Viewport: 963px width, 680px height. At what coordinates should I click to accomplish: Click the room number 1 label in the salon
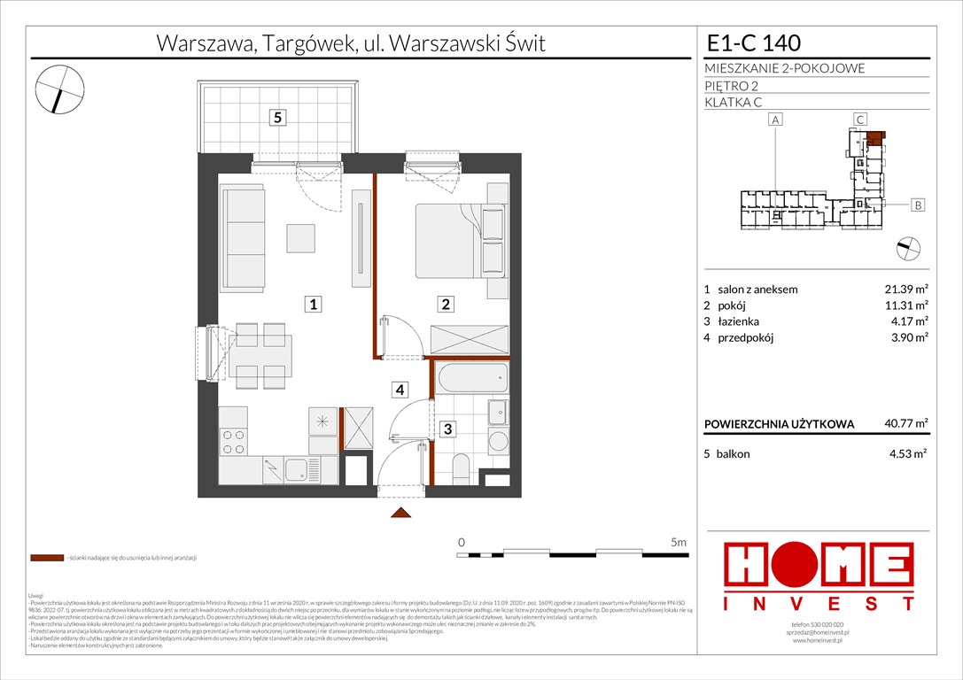point(314,305)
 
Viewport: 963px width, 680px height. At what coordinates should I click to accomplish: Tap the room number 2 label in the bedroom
point(447,305)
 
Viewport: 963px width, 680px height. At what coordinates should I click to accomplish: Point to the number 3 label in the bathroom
point(449,429)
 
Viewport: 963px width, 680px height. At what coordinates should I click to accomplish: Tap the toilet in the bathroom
point(462,467)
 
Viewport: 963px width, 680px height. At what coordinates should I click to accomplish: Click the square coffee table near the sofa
point(300,238)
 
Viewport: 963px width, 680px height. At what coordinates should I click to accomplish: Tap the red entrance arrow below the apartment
point(401,513)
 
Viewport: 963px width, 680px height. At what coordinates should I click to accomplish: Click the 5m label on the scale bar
point(678,541)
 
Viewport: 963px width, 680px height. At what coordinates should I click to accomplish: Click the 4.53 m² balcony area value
point(906,453)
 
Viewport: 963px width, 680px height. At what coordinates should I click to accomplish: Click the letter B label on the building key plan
point(918,205)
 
